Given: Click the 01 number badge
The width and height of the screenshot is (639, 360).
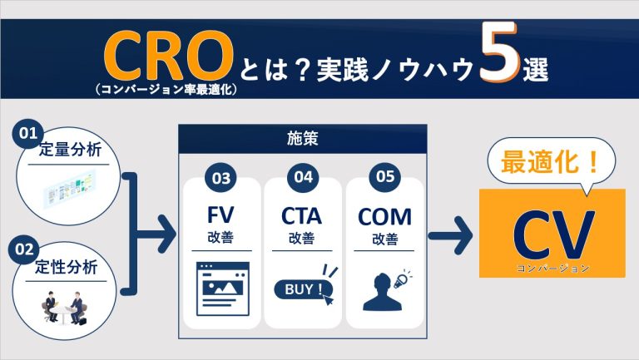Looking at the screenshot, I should point(31,133).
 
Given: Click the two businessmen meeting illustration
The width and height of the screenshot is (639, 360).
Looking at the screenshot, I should point(66,306).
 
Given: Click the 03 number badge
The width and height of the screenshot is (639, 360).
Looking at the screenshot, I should point(220,177).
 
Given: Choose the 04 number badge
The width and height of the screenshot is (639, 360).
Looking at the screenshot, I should point(303,177).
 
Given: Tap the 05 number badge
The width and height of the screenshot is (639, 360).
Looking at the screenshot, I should point(384,177).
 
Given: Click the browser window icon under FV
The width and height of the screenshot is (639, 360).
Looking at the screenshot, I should point(221,288).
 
